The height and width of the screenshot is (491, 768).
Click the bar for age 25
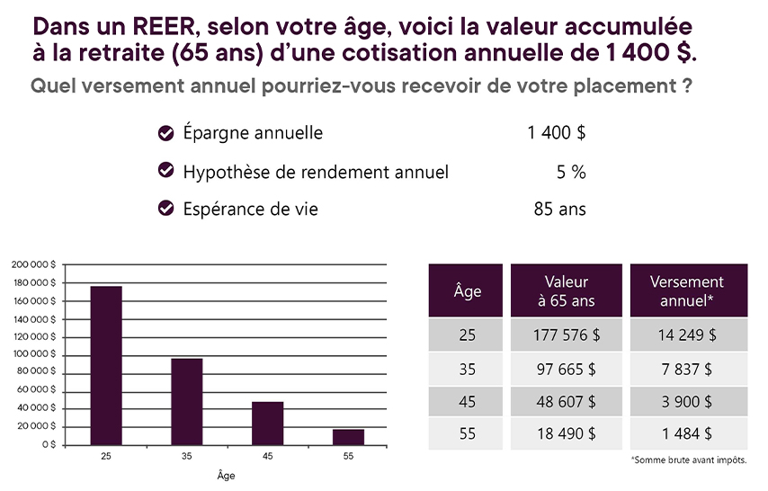click(x=106, y=365)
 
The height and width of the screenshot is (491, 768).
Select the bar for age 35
click(x=187, y=401)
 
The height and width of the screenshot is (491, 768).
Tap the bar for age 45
click(x=267, y=423)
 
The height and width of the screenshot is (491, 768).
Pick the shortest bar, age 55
click(x=348, y=436)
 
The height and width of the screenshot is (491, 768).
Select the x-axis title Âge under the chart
click(x=227, y=475)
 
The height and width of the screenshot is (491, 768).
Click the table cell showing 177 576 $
click(x=566, y=335)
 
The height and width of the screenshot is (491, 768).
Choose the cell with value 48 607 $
click(x=566, y=400)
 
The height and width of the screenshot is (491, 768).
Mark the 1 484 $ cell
click(x=688, y=433)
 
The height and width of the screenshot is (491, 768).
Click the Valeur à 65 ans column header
click(x=566, y=290)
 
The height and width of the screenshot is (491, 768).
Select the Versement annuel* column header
click(x=688, y=290)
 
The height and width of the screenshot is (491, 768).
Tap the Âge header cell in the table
click(x=467, y=290)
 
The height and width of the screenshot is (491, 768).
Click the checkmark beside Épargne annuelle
click(x=165, y=133)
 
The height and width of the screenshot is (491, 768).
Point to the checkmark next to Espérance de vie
click(x=165, y=209)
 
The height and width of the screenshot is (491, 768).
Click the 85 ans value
click(x=559, y=210)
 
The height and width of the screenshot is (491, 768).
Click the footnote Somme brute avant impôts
click(x=689, y=460)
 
